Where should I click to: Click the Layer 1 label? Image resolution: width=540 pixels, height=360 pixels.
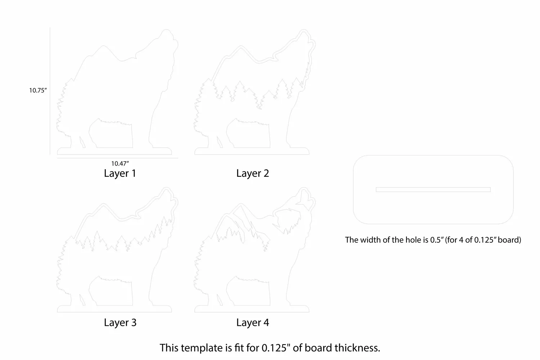[x=120, y=174]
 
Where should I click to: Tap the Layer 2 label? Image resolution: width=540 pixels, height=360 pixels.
[x=252, y=174]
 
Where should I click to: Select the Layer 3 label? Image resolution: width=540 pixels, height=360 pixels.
[x=120, y=323]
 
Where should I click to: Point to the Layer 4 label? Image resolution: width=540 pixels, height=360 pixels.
[x=252, y=323]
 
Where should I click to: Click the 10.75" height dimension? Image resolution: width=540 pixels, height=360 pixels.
[x=38, y=90]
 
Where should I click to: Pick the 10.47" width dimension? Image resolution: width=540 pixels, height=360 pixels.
[x=120, y=163]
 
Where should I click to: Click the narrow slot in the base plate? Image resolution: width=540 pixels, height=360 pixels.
[x=433, y=190]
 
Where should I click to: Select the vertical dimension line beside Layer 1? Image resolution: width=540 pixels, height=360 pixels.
[x=50, y=91]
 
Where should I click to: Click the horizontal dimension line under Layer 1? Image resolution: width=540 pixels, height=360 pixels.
[x=118, y=158]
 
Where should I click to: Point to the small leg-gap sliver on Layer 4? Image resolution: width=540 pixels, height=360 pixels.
[x=220, y=300]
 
